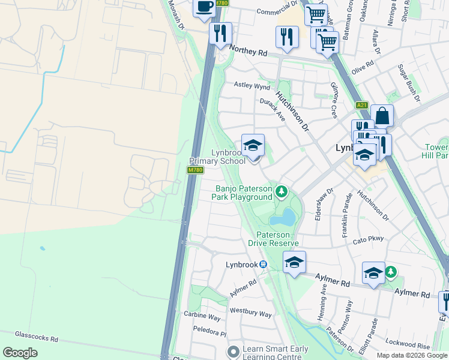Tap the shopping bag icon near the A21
pyautogui.click(x=381, y=115)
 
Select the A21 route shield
pyautogui.click(x=361, y=105)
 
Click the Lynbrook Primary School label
pyautogui.click(x=217, y=157)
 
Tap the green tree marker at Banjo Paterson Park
pyautogui.click(x=281, y=193)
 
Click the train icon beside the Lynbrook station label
pyautogui.click(x=263, y=265)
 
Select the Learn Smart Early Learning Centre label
pyautogui.click(x=275, y=353)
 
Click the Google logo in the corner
pyautogui.click(x=20, y=353)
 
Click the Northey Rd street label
pyautogui.click(x=247, y=53)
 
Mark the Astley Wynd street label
pyautogui.click(x=252, y=86)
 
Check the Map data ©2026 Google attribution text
pyautogui.click(x=411, y=355)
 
